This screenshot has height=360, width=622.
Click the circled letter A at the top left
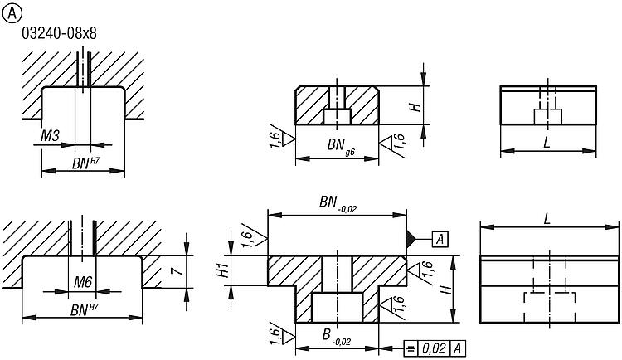pyautogui.click(x=11, y=10)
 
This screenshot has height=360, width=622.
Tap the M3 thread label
pyautogui.click(x=50, y=134)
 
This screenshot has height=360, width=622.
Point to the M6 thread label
pyautogui.click(x=82, y=282)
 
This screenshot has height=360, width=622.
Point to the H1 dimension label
pyautogui.click(x=221, y=270)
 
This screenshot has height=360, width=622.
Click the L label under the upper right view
pyautogui.click(x=547, y=143)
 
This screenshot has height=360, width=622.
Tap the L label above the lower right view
pyautogui.click(x=549, y=219)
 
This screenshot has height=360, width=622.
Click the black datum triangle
pyautogui.click(x=411, y=239)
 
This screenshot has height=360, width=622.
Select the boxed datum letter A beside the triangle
pyautogui.click(x=440, y=239)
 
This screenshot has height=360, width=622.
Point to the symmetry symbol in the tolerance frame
pyautogui.click(x=411, y=348)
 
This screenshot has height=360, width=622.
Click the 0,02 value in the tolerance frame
pyautogui.click(x=433, y=348)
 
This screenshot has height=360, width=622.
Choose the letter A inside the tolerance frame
pyautogui.click(x=457, y=348)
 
